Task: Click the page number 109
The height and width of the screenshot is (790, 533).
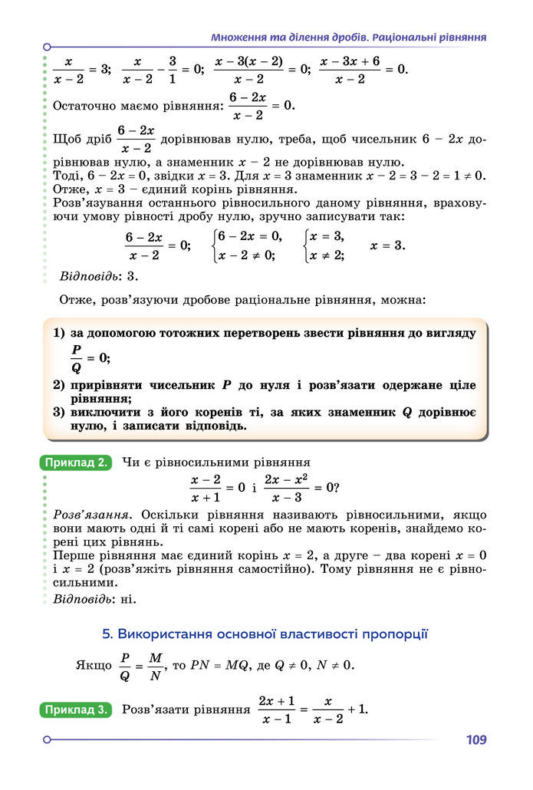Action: (475, 740)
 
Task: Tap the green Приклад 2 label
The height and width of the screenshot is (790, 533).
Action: (76, 462)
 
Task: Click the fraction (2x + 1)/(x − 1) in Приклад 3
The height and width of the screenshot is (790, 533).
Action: (276, 710)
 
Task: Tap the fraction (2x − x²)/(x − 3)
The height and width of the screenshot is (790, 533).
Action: (285, 488)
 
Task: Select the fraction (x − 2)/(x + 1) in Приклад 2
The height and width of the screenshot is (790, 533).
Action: (206, 488)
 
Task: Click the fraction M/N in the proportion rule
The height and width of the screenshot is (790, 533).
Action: (156, 666)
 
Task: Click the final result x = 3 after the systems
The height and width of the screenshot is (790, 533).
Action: (387, 245)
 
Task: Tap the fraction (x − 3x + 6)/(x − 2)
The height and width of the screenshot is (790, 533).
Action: (350, 69)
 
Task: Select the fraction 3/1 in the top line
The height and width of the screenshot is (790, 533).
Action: (173, 69)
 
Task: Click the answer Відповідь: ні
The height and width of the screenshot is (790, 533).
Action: (95, 598)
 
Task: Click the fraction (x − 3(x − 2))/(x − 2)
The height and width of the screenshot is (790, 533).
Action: (248, 69)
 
